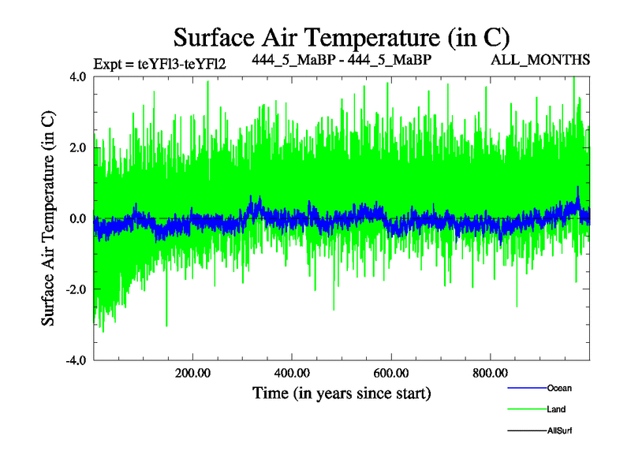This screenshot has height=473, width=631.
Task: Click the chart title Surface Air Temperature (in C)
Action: click(x=341, y=37)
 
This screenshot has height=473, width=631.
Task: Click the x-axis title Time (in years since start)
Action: click(x=341, y=392)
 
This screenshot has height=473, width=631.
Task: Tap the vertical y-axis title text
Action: click(x=49, y=218)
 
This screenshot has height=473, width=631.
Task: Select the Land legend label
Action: click(x=556, y=409)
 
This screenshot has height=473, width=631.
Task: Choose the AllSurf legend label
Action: click(x=560, y=431)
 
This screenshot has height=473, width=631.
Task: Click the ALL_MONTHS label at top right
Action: click(x=551, y=59)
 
